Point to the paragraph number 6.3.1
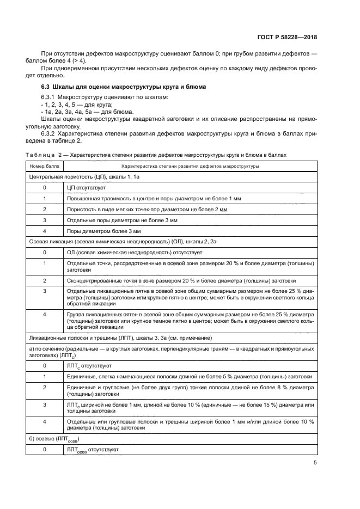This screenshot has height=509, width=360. (49, 97)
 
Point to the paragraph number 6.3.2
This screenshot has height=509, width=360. (49, 133)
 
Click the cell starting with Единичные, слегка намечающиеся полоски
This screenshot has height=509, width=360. (188, 376)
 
